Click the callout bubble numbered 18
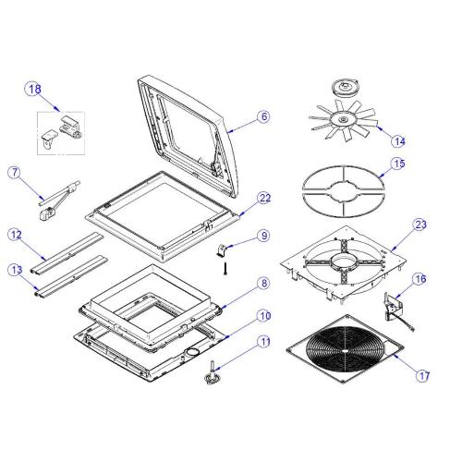[34, 89]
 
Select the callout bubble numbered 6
[264, 116]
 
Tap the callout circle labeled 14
[399, 141]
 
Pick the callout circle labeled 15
[399, 164]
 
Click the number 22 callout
[265, 198]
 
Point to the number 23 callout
[420, 225]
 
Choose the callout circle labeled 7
[15, 173]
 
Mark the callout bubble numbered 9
[264, 236]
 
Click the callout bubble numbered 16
[420, 279]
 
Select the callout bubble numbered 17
[424, 375]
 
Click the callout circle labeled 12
[16, 235]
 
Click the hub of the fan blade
[342, 118]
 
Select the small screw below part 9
[225, 268]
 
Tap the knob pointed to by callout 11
[213, 372]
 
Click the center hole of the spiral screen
[345, 351]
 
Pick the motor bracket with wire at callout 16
[395, 311]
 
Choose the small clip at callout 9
[222, 250]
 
